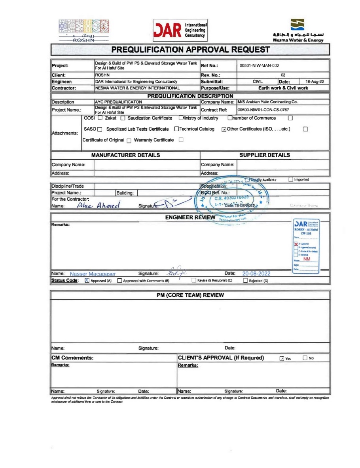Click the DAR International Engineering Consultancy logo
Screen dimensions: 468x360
point(180,30)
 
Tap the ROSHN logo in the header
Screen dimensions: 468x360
point(83,30)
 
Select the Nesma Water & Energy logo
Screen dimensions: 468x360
point(297,30)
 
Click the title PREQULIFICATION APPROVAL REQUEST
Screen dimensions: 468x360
point(190,49)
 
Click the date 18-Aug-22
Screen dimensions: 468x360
point(315,82)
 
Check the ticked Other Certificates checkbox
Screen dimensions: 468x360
point(224,129)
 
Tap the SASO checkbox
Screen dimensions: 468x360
point(100,129)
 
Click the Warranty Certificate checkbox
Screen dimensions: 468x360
point(181,140)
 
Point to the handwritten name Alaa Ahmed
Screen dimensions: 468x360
point(99,205)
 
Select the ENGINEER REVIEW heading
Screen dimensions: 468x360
point(190,217)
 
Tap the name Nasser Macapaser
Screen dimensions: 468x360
point(93,274)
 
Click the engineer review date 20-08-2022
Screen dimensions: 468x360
point(256,274)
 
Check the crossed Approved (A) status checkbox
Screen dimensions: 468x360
point(87,281)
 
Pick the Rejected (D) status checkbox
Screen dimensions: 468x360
point(246,281)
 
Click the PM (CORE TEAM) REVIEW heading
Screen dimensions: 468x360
point(190,295)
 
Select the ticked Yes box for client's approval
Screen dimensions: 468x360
point(282,358)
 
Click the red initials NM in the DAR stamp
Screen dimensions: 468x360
point(307,259)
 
